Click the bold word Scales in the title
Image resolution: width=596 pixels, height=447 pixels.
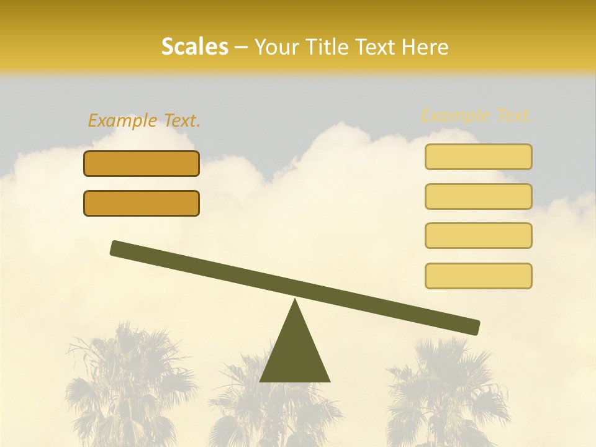pyautogui.click(x=194, y=47)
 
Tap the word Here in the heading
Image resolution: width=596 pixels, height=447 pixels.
pyautogui.click(x=426, y=47)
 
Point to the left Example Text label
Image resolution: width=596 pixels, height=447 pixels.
pyautogui.click(x=144, y=121)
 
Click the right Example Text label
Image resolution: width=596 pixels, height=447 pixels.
pyautogui.click(x=477, y=115)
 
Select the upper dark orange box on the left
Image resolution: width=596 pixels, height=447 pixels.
pyautogui.click(x=142, y=164)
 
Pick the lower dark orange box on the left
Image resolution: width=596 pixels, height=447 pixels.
pyautogui.click(x=142, y=203)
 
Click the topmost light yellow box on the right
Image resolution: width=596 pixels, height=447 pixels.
pyautogui.click(x=478, y=157)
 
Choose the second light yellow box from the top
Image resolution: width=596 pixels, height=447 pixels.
pyautogui.click(x=478, y=196)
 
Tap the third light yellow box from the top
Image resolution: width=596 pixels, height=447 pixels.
pyautogui.click(x=478, y=235)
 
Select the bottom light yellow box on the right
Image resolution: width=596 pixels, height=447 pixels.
pyautogui.click(x=478, y=276)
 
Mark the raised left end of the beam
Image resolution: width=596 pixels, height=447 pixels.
pyautogui.click(x=118, y=248)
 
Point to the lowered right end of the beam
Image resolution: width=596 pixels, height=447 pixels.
pyautogui.click(x=472, y=327)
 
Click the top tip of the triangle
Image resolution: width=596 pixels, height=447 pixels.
pyautogui.click(x=295, y=301)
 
